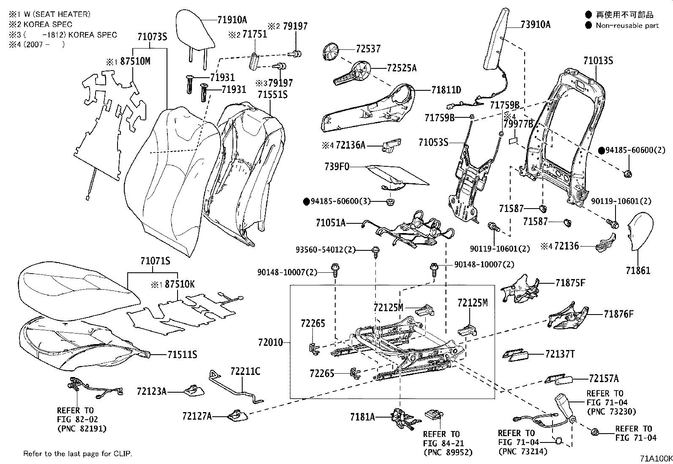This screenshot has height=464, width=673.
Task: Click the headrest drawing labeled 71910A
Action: coord(195,30)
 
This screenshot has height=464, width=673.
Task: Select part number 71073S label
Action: coord(152,37)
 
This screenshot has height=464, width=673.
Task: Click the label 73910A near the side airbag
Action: coord(535,24)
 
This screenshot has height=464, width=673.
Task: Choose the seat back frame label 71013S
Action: coord(598,61)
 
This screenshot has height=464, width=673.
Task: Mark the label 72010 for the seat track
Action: coord(271,342)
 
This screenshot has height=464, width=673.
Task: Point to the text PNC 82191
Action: coord(82,429)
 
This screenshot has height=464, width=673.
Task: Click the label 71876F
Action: coord(618,314)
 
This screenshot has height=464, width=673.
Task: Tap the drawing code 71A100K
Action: coord(655,458)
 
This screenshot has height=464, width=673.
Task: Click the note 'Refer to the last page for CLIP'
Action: coord(77,454)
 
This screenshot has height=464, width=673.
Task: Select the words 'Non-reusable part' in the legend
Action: coord(627,25)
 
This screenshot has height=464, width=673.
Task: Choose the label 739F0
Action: coord(337,166)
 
